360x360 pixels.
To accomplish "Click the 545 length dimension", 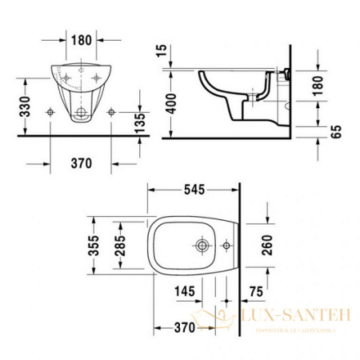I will [x=194, y=190].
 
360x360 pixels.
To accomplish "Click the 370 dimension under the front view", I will [x=79, y=163].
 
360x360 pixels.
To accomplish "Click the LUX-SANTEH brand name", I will [x=294, y=318].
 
